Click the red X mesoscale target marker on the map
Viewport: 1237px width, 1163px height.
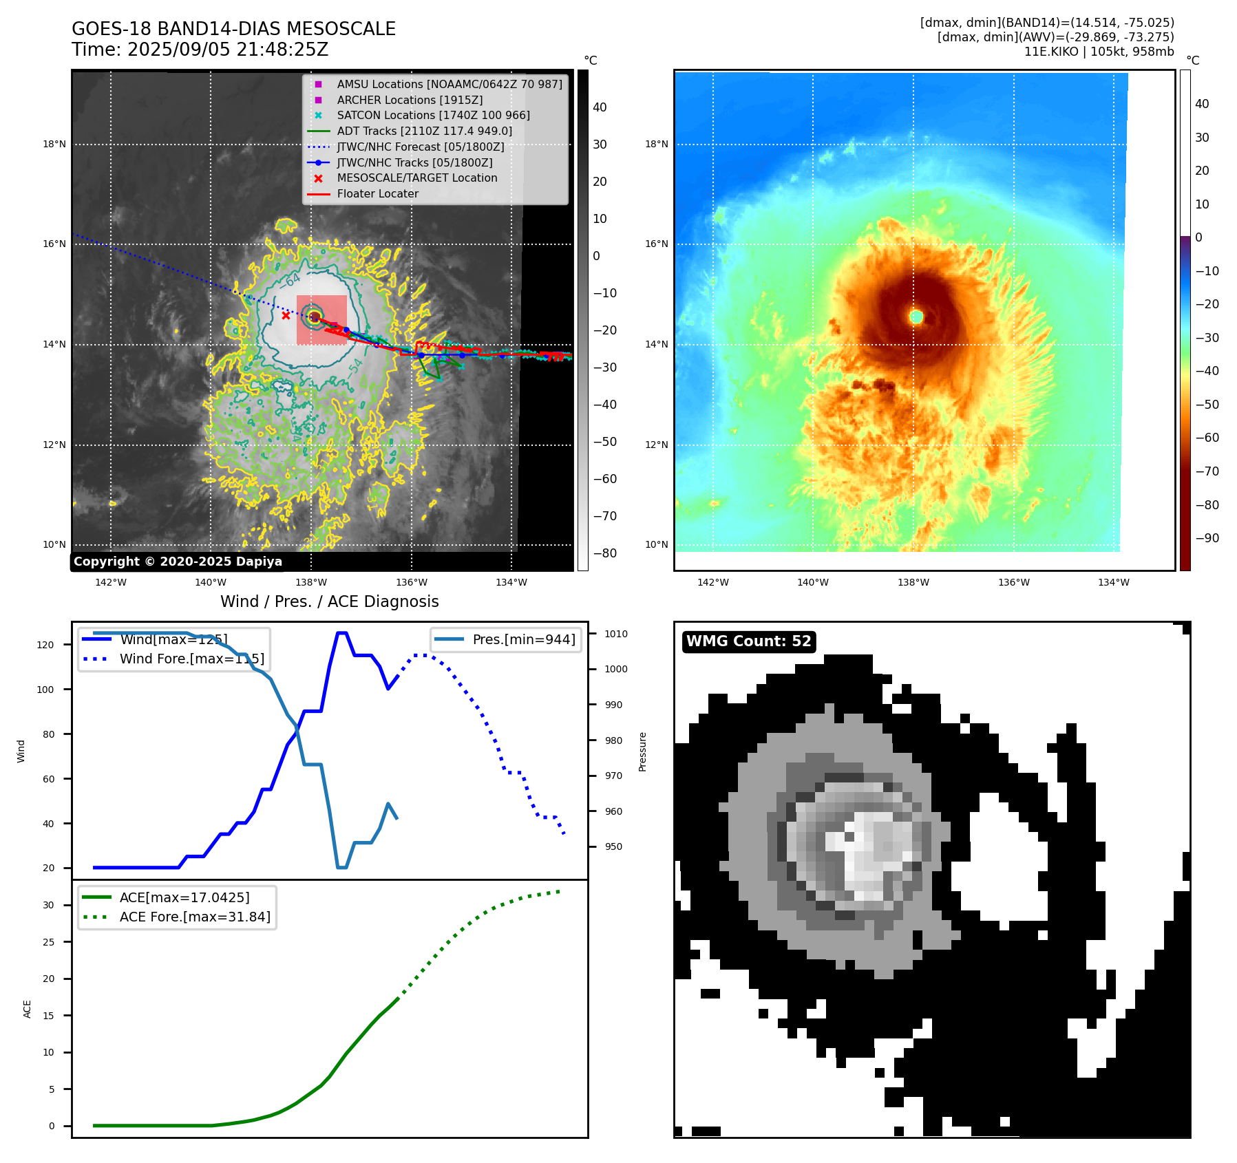pyautogui.click(x=286, y=316)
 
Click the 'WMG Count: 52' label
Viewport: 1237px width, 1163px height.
pyautogui.click(x=748, y=641)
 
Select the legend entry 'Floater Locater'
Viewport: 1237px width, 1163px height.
pyautogui.click(x=377, y=194)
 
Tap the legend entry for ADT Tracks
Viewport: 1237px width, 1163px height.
pyautogui.click(x=424, y=131)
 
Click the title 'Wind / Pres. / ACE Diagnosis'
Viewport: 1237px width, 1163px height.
pyautogui.click(x=329, y=601)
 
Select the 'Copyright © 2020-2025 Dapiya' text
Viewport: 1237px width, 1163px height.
pyautogui.click(x=178, y=562)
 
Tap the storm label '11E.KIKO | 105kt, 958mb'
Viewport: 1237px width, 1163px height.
pyautogui.click(x=1099, y=52)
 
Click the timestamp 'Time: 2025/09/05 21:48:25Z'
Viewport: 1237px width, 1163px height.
pyautogui.click(x=200, y=50)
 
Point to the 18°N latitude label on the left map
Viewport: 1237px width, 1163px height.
pyautogui.click(x=54, y=145)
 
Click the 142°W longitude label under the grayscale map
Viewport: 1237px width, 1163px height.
pyautogui.click(x=110, y=582)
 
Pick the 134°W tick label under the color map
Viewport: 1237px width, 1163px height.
pyautogui.click(x=1113, y=582)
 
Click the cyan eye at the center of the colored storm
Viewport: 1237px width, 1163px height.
pyautogui.click(x=916, y=317)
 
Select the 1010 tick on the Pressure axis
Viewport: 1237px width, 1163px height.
pyautogui.click(x=616, y=634)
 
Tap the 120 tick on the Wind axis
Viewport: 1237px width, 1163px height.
pyautogui.click(x=45, y=645)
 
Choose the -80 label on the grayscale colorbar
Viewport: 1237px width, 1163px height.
pyautogui.click(x=605, y=553)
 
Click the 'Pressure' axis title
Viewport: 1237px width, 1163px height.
pyautogui.click(x=642, y=751)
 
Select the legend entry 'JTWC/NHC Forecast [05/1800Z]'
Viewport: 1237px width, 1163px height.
pyautogui.click(x=420, y=147)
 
